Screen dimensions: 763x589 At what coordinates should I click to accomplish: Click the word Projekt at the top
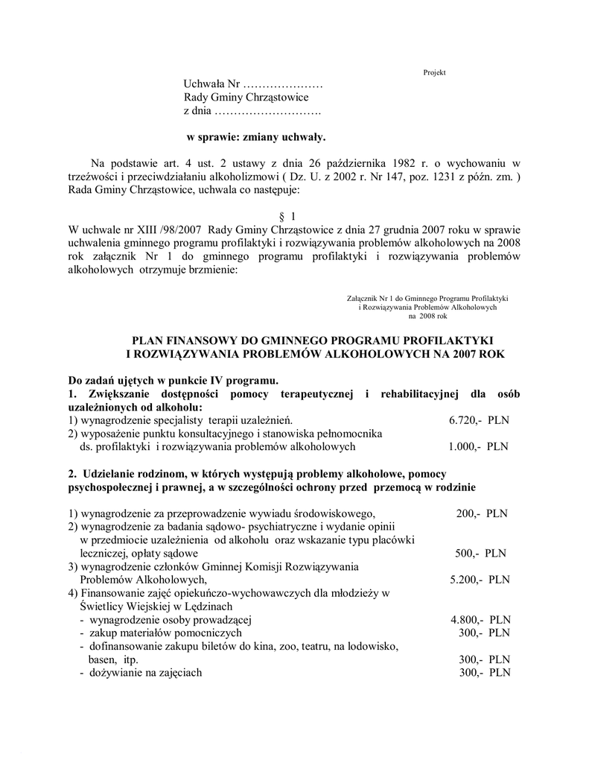[x=433, y=72]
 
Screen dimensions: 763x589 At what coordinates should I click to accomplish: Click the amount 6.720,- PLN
[x=479, y=420]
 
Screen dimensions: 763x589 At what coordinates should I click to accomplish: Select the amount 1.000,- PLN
[x=479, y=447]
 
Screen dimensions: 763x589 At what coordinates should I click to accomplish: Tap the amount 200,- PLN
[x=481, y=514]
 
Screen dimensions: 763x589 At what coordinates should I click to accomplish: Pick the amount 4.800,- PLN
[x=480, y=620]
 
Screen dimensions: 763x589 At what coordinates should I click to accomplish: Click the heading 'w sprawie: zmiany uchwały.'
[x=255, y=137]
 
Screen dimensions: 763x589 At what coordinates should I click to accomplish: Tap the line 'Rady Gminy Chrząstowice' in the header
[x=246, y=98]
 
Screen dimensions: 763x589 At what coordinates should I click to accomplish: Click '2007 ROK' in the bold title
[x=481, y=354]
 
